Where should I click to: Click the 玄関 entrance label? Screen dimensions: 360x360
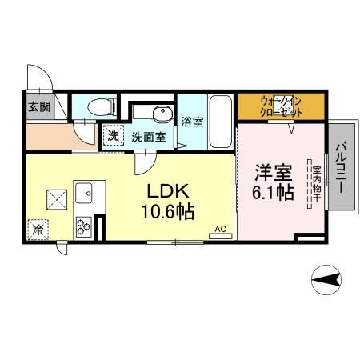pyautogui.click(x=39, y=106)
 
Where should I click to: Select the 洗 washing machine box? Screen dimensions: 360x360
pyautogui.click(x=113, y=136)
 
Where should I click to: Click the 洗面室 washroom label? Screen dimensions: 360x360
pyautogui.click(x=149, y=137)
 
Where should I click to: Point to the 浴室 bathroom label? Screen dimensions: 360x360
pyautogui.click(x=192, y=122)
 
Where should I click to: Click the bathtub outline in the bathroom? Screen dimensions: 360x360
pyautogui.click(x=221, y=121)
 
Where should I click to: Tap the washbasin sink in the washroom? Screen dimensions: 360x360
pyautogui.click(x=162, y=113)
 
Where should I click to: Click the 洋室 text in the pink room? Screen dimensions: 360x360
pyautogui.click(x=272, y=171)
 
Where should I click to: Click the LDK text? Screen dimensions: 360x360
pyautogui.click(x=168, y=193)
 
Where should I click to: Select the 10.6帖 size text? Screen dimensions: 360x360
pyautogui.click(x=168, y=212)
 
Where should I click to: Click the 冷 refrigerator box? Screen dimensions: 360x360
pyautogui.click(x=38, y=230)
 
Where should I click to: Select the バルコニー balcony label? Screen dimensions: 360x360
pyautogui.click(x=341, y=168)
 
